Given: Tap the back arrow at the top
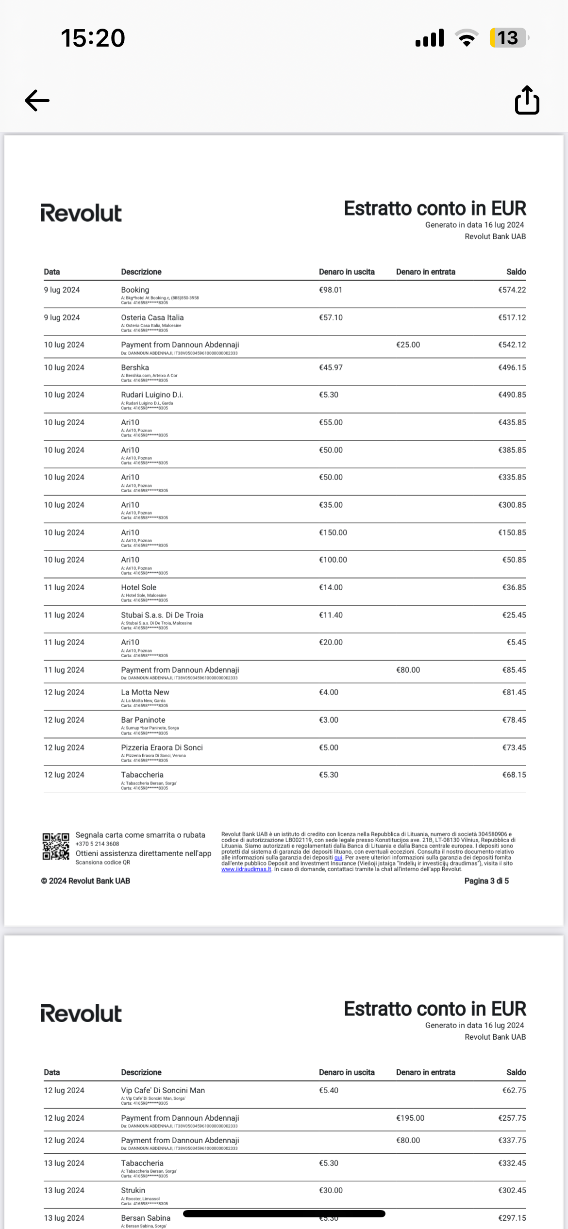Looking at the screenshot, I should click(x=37, y=100).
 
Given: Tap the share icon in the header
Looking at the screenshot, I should click(x=527, y=100).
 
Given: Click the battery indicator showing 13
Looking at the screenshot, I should click(x=508, y=38).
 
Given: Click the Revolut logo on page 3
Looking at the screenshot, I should click(x=81, y=214).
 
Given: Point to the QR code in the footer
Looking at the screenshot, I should click(x=55, y=847).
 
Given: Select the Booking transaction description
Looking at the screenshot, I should click(x=135, y=290).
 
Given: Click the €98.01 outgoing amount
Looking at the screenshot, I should click(x=331, y=290).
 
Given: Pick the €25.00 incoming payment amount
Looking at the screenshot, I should click(x=408, y=345).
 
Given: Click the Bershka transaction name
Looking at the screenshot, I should click(x=135, y=367).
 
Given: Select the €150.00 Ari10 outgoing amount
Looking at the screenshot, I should click(x=333, y=532).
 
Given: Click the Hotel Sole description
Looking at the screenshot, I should click(x=138, y=587).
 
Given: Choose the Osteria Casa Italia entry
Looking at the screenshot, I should click(x=152, y=317).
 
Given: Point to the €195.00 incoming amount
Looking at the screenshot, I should click(x=410, y=1118).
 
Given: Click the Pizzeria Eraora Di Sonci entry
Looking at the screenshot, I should click(x=162, y=747).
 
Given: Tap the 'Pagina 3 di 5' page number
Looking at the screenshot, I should click(x=486, y=881).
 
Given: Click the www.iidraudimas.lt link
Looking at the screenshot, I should click(x=246, y=869).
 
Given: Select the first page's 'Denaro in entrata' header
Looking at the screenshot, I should click(x=426, y=272).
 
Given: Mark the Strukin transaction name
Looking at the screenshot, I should click(x=133, y=1190).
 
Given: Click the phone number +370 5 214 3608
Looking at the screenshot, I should click(x=97, y=844).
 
